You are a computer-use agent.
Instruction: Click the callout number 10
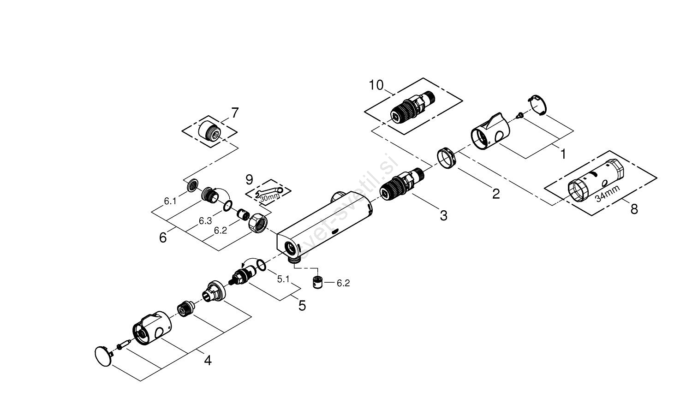tap(376, 85)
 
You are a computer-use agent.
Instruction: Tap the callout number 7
tap(235, 113)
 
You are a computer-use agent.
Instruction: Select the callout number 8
tap(634, 209)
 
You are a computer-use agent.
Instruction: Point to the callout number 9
tap(249, 179)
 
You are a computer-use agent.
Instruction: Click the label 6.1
tap(170, 201)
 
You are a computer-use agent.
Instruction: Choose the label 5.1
tap(283, 279)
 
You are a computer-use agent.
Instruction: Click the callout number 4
tap(208, 360)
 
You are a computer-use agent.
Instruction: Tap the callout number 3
tap(443, 215)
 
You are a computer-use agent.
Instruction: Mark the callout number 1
tap(562, 154)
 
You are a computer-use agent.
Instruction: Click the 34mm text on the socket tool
tap(606, 192)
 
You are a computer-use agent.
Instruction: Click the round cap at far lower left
tap(103, 356)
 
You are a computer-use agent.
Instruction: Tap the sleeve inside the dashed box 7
tap(210, 130)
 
